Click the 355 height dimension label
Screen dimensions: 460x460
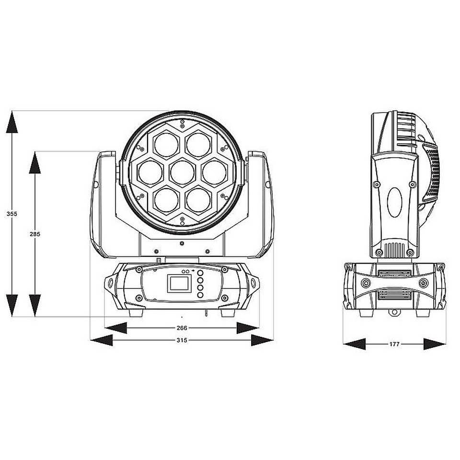pos(11,214)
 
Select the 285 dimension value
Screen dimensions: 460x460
pos(35,234)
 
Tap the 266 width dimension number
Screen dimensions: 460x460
pos(182,328)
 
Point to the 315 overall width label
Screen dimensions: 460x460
pos(182,340)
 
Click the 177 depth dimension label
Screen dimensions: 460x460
pos(394,344)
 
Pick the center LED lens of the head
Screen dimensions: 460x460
pos(182,172)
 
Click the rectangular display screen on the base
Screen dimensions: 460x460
pos(179,283)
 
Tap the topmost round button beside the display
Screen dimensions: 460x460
pos(200,273)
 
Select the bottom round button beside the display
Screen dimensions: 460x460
pos(200,295)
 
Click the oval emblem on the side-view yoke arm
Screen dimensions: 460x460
pos(394,202)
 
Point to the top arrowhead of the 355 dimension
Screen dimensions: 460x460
pos(11,122)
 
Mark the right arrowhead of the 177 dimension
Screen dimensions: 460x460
pos(435,344)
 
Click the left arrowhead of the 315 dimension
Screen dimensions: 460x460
pos(101,340)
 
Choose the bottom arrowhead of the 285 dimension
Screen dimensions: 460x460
pos(35,306)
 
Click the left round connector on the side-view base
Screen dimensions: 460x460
pos(366,283)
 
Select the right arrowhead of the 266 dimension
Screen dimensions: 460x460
pos(248,328)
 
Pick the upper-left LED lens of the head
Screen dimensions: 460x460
pos(166,145)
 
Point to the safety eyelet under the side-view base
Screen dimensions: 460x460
pos(394,312)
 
